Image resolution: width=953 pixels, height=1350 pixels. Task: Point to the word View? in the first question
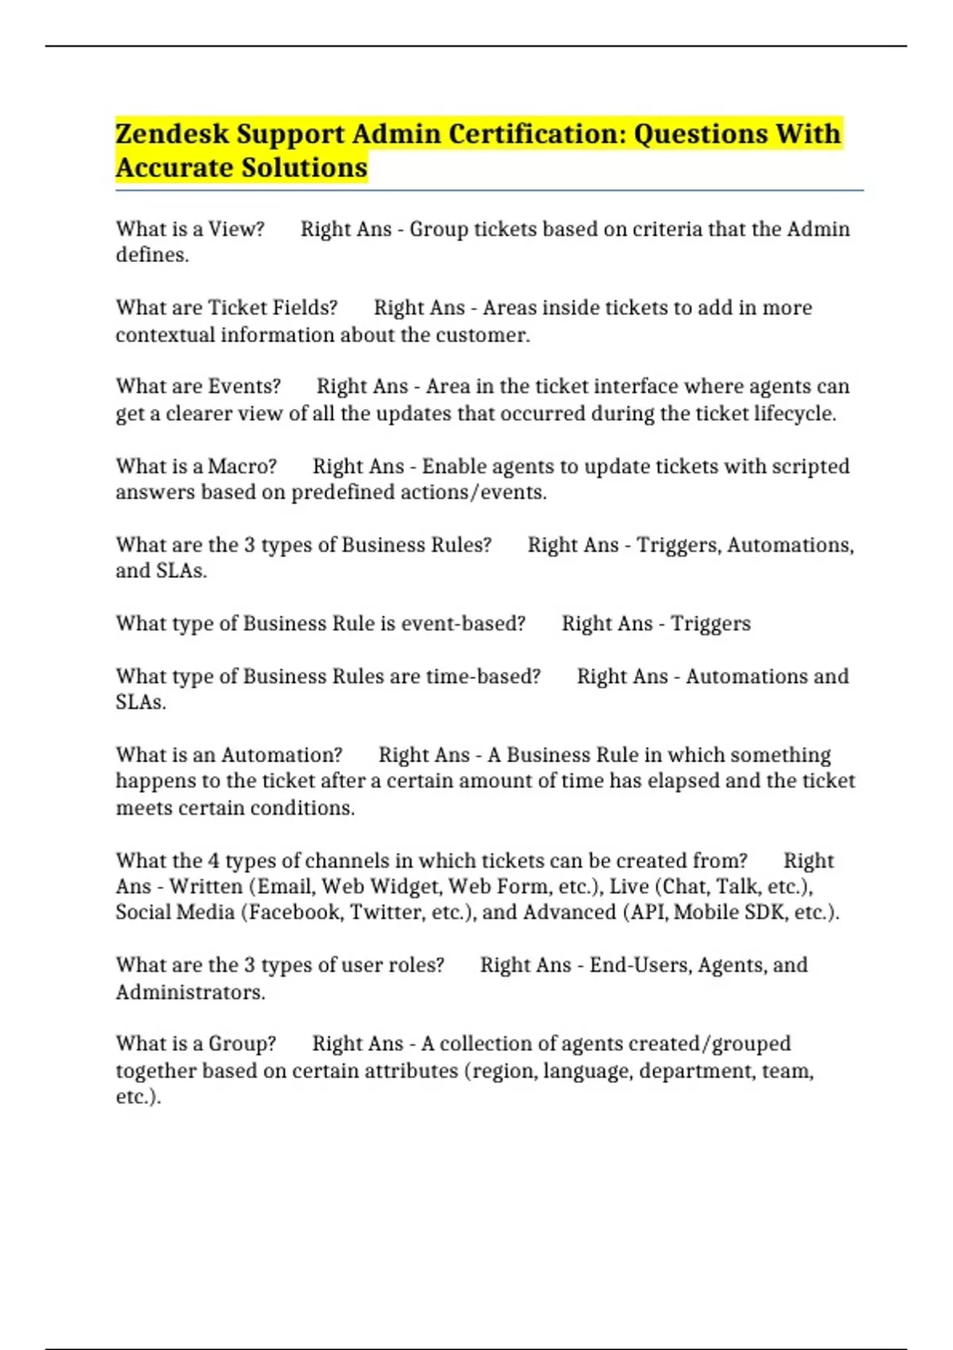click(x=236, y=229)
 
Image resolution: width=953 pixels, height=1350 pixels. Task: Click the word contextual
click(x=164, y=334)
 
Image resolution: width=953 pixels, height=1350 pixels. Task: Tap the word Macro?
click(x=242, y=466)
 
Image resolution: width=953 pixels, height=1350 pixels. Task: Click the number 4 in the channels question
click(x=214, y=861)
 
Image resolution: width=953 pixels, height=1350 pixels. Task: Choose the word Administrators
click(x=190, y=992)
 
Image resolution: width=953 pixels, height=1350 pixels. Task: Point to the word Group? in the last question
click(x=242, y=1043)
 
